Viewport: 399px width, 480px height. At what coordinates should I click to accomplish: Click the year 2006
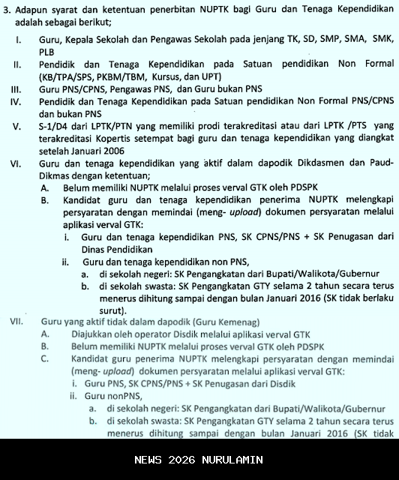pyautogui.click(x=112, y=172)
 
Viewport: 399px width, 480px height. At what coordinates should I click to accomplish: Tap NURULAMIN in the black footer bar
pyautogui.click(x=232, y=460)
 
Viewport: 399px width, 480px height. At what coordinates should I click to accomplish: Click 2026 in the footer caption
pyautogui.click(x=181, y=460)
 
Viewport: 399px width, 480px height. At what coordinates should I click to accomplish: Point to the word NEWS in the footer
pyautogui.click(x=148, y=460)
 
